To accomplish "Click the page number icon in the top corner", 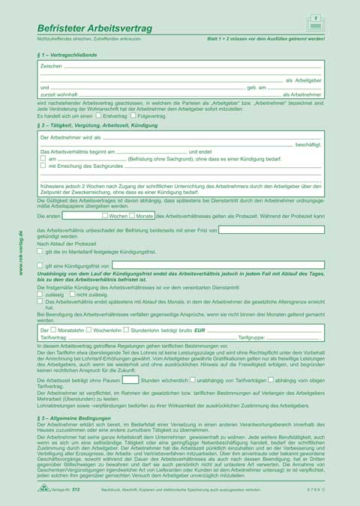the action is (315, 22).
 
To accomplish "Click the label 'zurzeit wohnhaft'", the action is (58, 95).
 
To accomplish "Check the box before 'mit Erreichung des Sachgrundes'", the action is (43, 166).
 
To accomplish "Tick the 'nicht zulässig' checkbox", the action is (70, 295).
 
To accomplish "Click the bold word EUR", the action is (199, 330).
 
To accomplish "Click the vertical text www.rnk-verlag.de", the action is (20, 253).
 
